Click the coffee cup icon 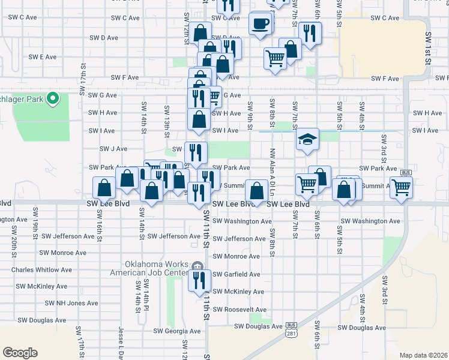[259, 24]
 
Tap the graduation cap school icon [306, 140]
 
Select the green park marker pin [52, 97]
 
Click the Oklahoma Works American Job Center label [157, 268]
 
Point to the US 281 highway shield [292, 329]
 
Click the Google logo [20, 353]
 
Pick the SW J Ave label [113, 149]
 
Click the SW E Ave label [43, 57]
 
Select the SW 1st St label [428, 45]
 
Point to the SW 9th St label [249, 112]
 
